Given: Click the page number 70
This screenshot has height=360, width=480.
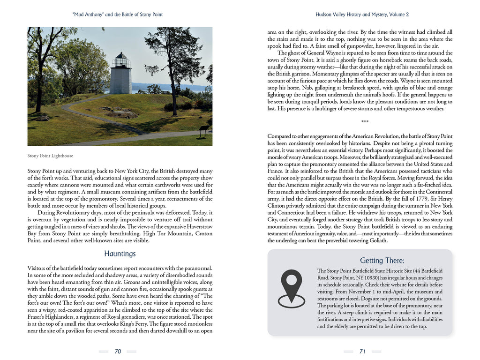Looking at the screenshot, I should point(118,351).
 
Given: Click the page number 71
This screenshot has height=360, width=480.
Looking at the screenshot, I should point(362,351).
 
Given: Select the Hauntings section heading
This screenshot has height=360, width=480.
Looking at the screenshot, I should point(120,254).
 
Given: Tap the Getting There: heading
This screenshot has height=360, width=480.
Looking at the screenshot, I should point(382,261).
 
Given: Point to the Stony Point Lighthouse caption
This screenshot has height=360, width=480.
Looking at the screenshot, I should point(50,156).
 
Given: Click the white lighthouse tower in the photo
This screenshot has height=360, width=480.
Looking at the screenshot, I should point(120,80).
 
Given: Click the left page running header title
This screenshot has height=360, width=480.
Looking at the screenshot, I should point(118,15).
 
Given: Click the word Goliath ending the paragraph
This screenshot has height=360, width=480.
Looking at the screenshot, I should point(376,240).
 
